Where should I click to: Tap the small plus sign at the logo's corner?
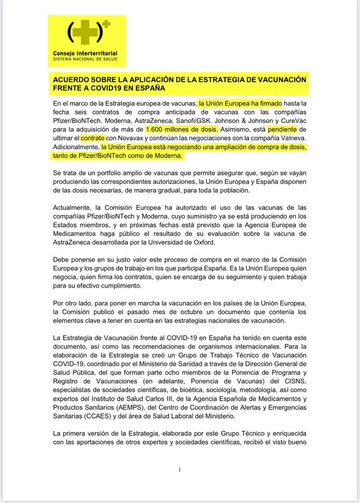coord(106,24)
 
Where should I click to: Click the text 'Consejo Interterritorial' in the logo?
coord(85,53)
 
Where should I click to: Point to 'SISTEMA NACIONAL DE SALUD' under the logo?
coord(85,59)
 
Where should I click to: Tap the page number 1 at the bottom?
coord(179,470)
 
